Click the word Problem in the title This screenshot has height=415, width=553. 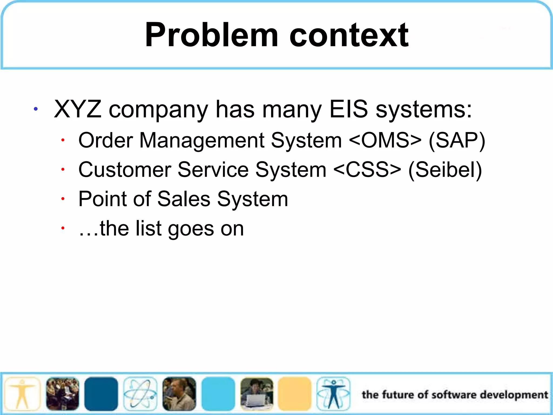211,35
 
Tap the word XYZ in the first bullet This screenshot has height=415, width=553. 78,109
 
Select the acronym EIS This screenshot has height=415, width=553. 349,109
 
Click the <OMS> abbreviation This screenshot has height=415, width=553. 385,140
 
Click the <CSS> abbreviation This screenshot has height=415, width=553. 367,170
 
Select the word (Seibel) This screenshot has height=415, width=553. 445,170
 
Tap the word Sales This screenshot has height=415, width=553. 184,199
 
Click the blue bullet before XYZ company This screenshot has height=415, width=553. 35,109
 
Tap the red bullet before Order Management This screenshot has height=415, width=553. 63,140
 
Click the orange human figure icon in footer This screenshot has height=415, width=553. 22,394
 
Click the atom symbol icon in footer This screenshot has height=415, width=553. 140,394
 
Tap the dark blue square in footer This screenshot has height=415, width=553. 101,394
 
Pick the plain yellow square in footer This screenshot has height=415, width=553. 295,394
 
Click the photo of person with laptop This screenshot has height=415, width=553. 257,394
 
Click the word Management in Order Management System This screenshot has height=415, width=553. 201,140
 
